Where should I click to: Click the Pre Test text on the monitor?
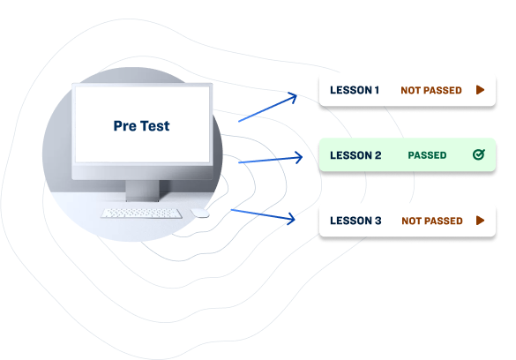141,126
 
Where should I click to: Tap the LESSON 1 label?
355,90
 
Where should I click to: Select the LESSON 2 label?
355,155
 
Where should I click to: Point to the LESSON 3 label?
355,221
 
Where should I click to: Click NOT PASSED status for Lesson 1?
431,90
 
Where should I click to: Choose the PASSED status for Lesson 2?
427,155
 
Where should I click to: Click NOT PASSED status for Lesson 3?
432,221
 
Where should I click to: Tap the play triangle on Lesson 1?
480,89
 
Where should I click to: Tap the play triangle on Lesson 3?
480,220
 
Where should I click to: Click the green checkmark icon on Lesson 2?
479,154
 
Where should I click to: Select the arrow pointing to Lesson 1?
267,108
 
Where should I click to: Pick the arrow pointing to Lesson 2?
270,160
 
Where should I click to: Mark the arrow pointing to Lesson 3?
263,214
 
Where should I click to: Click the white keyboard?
141,214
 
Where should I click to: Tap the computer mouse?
199,213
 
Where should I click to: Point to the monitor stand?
143,191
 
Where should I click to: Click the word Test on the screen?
155,126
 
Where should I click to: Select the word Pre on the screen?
124,126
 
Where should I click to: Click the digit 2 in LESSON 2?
378,155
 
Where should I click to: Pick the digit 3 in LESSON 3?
378,221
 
